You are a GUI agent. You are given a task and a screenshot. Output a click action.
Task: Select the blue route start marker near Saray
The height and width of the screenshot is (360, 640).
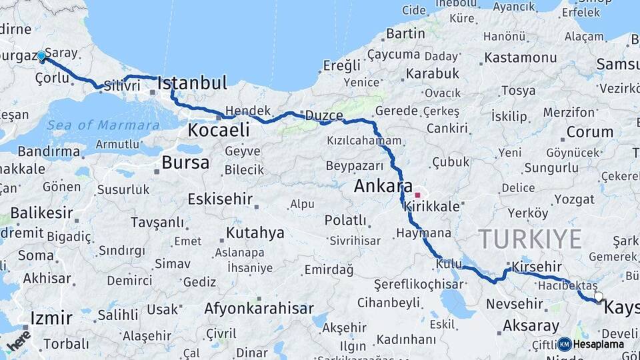(41, 56)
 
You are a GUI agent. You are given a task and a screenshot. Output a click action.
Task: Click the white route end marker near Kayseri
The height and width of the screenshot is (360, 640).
(598, 297)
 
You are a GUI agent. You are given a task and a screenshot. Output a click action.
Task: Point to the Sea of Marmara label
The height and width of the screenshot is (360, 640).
(103, 125)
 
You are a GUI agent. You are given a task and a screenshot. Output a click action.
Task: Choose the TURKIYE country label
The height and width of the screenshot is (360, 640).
(529, 238)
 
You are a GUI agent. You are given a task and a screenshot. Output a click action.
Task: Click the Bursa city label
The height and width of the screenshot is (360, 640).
(185, 162)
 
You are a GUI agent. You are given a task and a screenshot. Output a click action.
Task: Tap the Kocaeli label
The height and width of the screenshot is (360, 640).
(219, 130)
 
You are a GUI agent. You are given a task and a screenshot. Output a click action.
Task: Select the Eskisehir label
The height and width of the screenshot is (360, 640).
(220, 199)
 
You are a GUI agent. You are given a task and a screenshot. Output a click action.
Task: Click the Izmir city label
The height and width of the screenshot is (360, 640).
(51, 318)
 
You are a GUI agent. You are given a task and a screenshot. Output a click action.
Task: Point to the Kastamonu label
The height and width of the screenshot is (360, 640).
(521, 57)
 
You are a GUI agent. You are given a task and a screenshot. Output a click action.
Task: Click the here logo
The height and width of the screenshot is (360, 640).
(18, 341)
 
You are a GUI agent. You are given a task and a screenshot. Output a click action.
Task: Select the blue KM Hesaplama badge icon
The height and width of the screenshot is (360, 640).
(565, 344)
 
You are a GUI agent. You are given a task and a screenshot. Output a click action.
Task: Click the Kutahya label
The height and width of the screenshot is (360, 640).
(255, 233)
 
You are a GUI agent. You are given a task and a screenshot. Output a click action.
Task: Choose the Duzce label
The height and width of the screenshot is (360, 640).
(324, 116)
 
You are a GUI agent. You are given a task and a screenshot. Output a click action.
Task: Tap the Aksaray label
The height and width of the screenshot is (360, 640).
(531, 326)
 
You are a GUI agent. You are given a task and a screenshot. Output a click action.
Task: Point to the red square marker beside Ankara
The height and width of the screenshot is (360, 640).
(418, 195)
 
